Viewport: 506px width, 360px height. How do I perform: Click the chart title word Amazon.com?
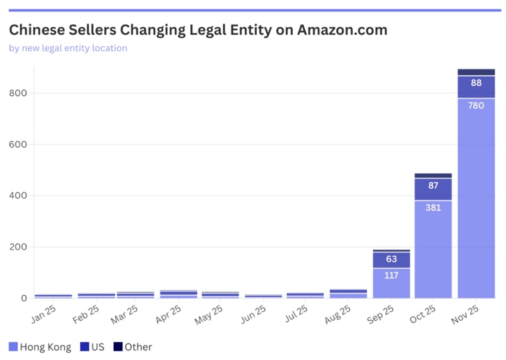pyautogui.click(x=342, y=30)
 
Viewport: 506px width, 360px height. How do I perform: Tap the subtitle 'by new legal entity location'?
pyautogui.click(x=68, y=48)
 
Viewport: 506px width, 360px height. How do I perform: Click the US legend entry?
pyautogui.click(x=94, y=347)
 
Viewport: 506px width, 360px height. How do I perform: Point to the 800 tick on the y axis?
pyautogui.click(x=18, y=94)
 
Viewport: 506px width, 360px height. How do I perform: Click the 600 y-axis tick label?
pyautogui.click(x=18, y=145)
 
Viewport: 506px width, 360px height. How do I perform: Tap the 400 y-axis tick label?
pyautogui.click(x=18, y=196)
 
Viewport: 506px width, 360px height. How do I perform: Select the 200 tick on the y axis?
pyautogui.click(x=18, y=247)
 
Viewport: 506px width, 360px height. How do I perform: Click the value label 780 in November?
pyautogui.click(x=476, y=106)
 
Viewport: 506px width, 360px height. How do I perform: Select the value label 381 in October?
pyautogui.click(x=433, y=208)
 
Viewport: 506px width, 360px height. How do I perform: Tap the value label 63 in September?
pyautogui.click(x=391, y=259)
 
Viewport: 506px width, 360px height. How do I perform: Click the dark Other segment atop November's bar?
pyautogui.click(x=476, y=72)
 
